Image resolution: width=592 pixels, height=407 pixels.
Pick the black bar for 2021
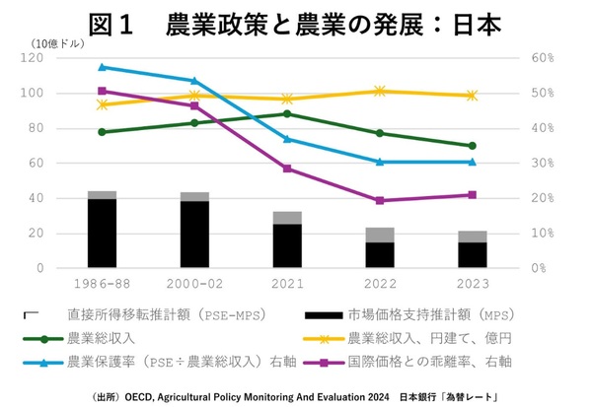pyautogui.click(x=287, y=245)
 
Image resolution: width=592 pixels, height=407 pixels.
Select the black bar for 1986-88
pyautogui.click(x=102, y=233)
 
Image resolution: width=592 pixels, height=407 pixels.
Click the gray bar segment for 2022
pyautogui.click(x=380, y=235)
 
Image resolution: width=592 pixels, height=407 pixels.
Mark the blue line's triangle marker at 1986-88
pyautogui.click(x=102, y=67)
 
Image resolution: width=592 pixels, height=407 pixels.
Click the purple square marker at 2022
pyautogui.click(x=380, y=200)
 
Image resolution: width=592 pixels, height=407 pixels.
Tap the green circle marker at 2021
pyautogui.click(x=287, y=113)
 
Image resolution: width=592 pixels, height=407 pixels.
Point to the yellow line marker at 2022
pyautogui.click(x=380, y=91)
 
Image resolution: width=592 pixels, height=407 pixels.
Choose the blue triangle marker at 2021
pyautogui.click(x=287, y=139)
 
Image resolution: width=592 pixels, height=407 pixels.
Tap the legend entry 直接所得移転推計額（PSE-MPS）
pyautogui.click(x=157, y=315)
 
